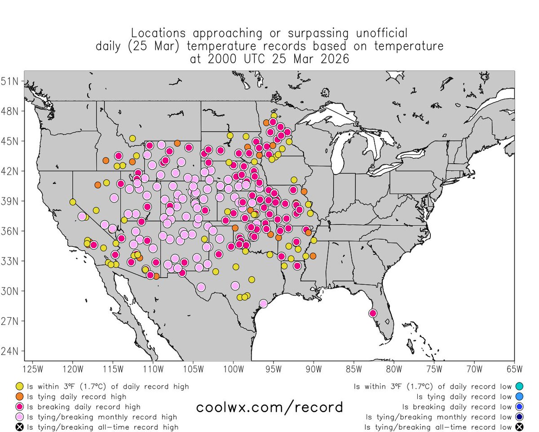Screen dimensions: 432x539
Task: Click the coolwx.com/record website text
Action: pyautogui.click(x=269, y=407)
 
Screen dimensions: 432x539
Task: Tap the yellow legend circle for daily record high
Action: pyautogui.click(x=20, y=387)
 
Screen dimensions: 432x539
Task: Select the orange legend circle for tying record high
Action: pyautogui.click(x=20, y=397)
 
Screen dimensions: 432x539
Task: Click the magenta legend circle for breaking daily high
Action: pyautogui.click(x=20, y=407)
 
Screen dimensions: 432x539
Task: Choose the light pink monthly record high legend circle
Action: pyautogui.click(x=20, y=417)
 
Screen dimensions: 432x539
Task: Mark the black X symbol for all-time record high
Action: pyautogui.click(x=20, y=427)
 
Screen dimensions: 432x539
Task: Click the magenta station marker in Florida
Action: pyautogui.click(x=372, y=313)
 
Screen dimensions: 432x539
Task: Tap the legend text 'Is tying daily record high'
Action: pyautogui.click(x=77, y=397)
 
